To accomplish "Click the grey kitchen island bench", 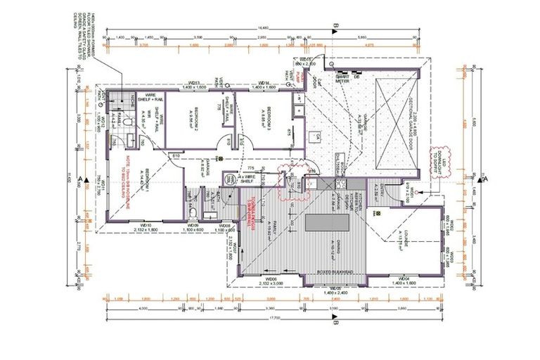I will tap(329, 224).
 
